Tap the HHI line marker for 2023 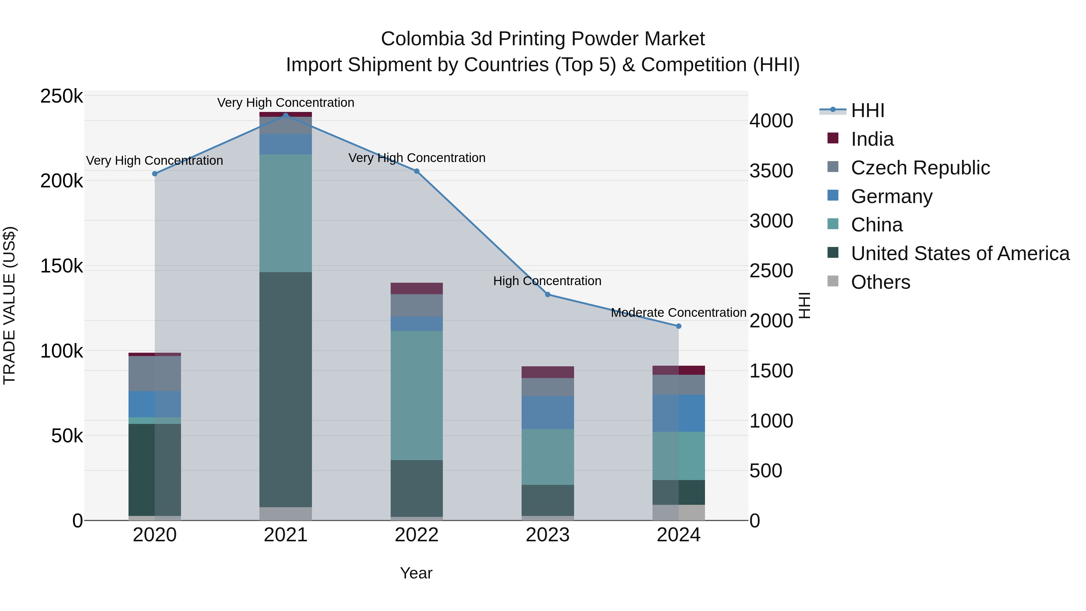coord(548,294)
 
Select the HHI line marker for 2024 coord(678,326)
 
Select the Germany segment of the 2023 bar coord(548,412)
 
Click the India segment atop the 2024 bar coord(678,370)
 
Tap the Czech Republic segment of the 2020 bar coord(155,373)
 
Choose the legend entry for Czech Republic coord(920,168)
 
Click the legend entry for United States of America coord(960,253)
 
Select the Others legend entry coord(880,282)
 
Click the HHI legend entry coord(867,110)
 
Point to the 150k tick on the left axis coord(62,266)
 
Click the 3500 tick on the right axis coord(771,171)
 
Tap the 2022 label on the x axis coord(417,535)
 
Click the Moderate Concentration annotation coord(678,313)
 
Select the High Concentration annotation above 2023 coord(547,281)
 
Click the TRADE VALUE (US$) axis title coord(9,305)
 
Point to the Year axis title coord(416,573)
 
